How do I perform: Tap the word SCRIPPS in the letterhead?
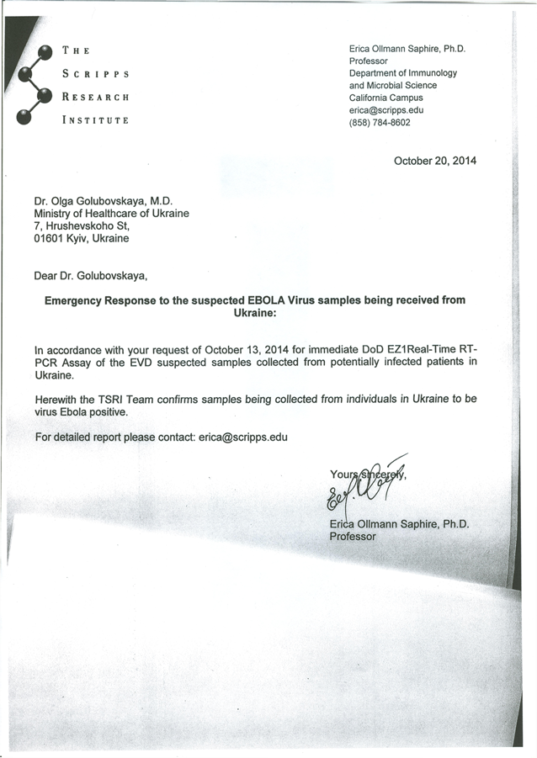pos(95,73)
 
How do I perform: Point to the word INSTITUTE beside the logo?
pos(95,120)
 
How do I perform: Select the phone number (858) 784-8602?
pos(380,122)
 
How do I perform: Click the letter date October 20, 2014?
pos(434,161)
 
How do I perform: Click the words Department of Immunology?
pos(403,73)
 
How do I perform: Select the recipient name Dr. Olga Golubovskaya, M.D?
pos(103,201)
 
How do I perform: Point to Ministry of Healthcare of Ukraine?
pos(111,214)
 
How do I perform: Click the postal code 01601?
pos(50,239)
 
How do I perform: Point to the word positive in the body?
pos(107,412)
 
